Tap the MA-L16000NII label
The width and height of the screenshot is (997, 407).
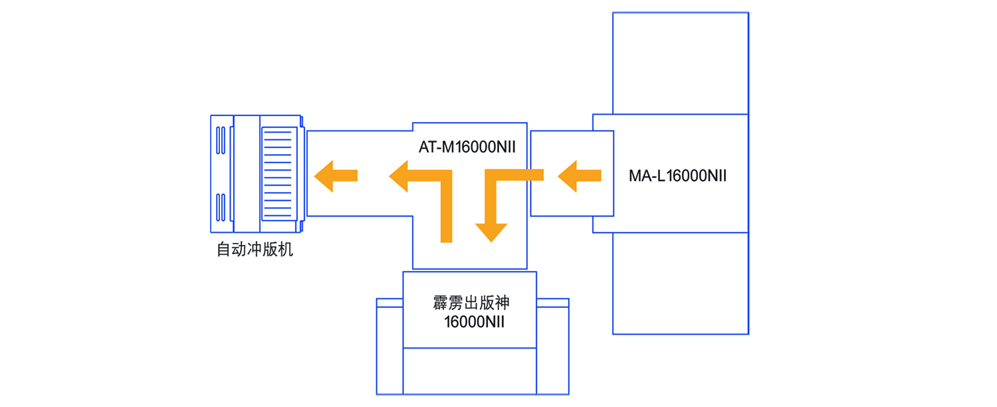(x=677, y=176)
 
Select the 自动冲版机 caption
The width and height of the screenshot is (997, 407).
(x=255, y=250)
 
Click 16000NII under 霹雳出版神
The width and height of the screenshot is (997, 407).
(x=475, y=322)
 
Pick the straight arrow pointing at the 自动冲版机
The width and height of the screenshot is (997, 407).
(x=336, y=175)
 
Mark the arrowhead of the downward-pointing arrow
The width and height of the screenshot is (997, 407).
(x=491, y=232)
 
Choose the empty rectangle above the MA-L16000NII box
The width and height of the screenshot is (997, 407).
(x=680, y=63)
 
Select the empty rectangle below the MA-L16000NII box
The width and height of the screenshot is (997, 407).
(x=680, y=283)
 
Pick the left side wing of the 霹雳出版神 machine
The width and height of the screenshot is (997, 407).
(x=389, y=349)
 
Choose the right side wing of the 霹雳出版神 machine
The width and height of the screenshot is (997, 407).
(x=552, y=349)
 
